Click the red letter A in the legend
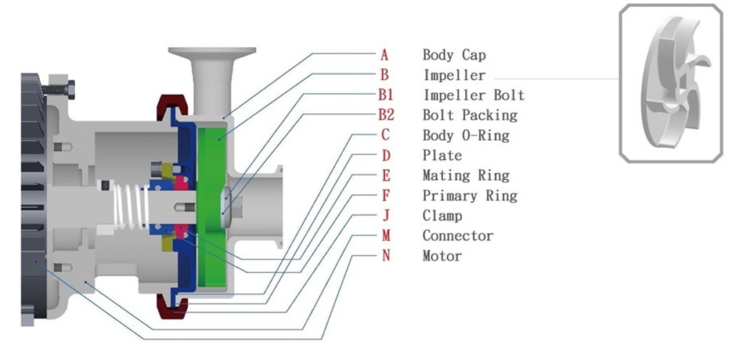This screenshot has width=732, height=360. point(384,55)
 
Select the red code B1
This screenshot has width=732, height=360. point(386,95)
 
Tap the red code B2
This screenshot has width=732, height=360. point(386,115)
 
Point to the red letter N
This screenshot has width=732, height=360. point(386,256)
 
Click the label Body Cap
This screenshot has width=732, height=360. point(454,55)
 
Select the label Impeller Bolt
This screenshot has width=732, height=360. point(474,95)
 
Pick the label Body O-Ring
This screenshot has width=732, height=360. point(466,135)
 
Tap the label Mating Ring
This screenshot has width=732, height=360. point(466,175)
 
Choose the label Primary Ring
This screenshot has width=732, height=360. point(470,196)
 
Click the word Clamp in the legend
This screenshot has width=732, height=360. point(442,216)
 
